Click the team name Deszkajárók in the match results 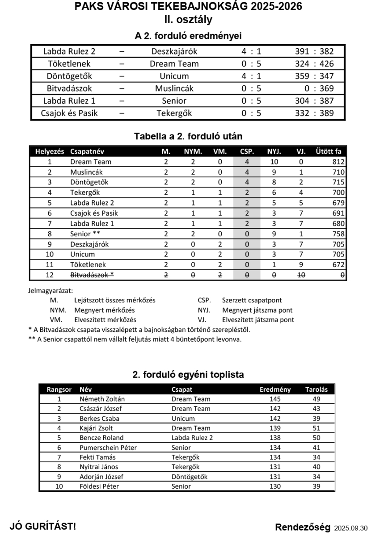tap(174, 51)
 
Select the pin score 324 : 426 tap(314, 64)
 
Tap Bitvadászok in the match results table tap(69, 88)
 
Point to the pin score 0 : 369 tap(319, 88)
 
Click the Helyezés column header tap(50, 151)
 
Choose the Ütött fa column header tap(328, 151)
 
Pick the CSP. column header tap(247, 151)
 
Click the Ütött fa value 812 tap(338, 162)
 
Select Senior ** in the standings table tap(85, 234)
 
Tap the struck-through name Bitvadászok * tap(92, 275)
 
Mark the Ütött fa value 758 tap(338, 234)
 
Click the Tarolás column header tap(317, 389)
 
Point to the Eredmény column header tap(275, 389)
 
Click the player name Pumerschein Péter tap(108, 448)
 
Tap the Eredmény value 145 tap(275, 399)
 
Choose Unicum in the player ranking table tap(183, 419)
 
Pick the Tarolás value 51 tap(317, 428)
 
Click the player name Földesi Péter tap(99, 486)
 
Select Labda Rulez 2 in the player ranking tap(192, 438)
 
